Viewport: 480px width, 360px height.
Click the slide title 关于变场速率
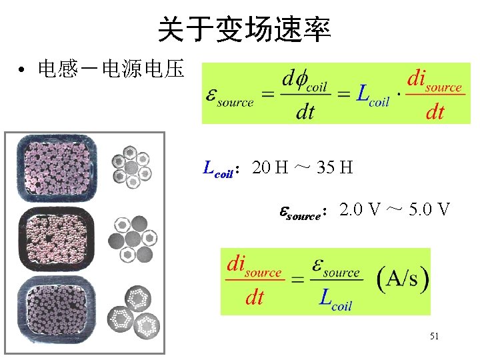point(244,29)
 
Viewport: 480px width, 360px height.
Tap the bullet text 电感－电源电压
point(111,69)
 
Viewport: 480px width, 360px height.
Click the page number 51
point(434,337)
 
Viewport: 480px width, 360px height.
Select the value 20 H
point(270,167)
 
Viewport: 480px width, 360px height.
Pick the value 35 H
point(335,167)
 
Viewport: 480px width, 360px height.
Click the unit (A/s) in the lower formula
point(403,279)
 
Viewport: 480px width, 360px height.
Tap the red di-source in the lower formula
point(254,267)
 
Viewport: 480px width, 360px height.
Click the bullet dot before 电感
point(22,70)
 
